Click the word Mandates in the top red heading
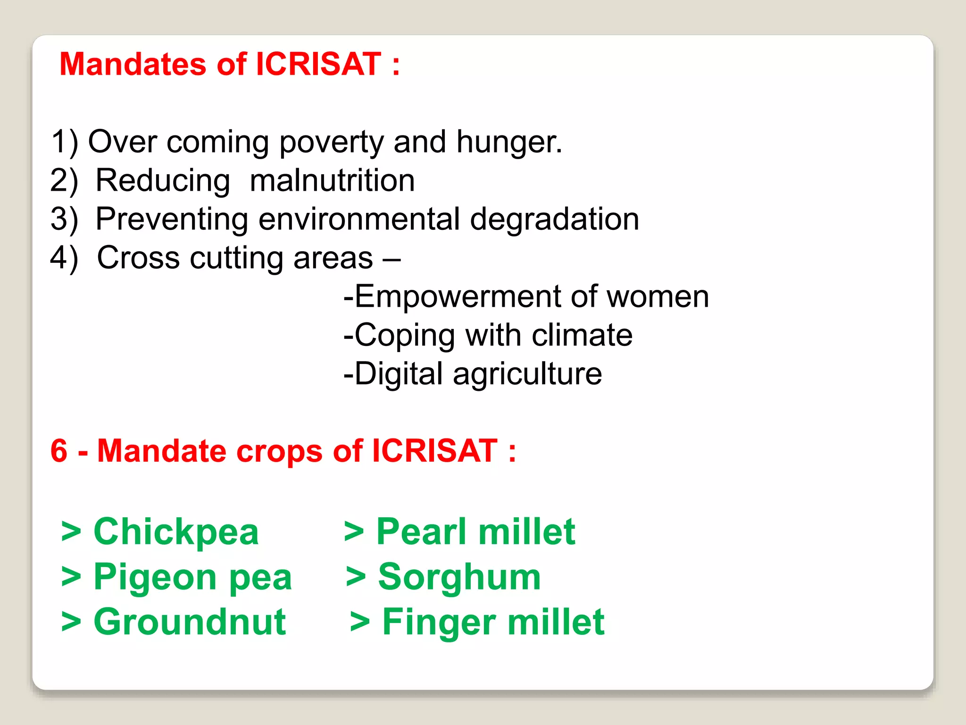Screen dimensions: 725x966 [133, 64]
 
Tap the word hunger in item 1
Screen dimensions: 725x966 [508, 142]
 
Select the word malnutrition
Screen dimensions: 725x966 [332, 180]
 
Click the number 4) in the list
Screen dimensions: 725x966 [64, 258]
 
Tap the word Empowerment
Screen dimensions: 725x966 [457, 297]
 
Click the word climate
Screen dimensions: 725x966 [582, 336]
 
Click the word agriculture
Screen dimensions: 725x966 [527, 374]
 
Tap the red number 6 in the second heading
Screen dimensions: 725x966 [59, 451]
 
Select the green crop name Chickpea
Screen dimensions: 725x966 [176, 532]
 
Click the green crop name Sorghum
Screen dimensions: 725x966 [459, 577]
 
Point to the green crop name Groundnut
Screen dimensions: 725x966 [190, 622]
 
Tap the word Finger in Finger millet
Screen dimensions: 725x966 [439, 622]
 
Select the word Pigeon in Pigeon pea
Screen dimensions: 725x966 [155, 577]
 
